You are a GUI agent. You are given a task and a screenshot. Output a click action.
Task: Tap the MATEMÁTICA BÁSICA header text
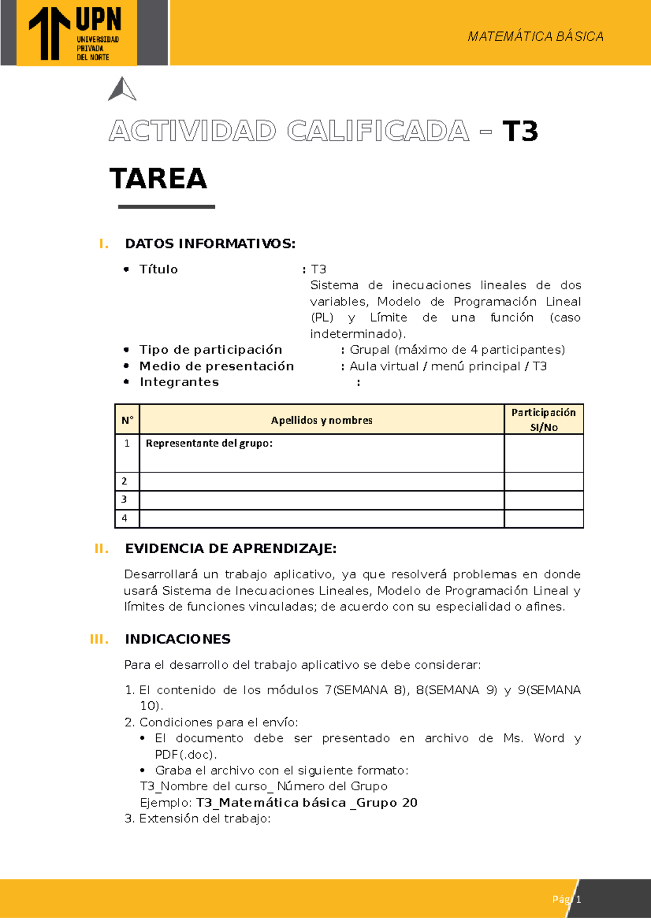coord(535,36)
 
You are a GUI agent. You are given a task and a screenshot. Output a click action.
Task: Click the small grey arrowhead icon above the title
coord(122,89)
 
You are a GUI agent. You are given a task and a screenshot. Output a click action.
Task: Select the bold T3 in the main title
coord(520,131)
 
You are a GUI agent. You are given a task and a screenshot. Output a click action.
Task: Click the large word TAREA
coord(158,178)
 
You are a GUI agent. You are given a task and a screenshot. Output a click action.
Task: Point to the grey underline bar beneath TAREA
coord(167,207)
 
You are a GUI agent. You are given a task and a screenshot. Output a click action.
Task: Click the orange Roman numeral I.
coord(104,244)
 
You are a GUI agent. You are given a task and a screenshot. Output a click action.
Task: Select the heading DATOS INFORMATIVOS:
coord(210,244)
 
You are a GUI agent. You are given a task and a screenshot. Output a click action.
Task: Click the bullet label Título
coord(158,270)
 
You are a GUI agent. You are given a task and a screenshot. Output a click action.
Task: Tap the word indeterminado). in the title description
coord(358,334)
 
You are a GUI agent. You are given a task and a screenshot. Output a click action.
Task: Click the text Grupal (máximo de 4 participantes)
coord(457,350)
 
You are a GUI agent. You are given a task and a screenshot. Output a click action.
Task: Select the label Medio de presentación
coord(216,366)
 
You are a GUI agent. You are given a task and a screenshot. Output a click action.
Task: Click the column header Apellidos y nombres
coord(322,420)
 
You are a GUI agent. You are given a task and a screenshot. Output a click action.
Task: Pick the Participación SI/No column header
coord(544,419)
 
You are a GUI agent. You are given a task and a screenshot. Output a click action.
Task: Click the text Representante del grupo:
coord(209,443)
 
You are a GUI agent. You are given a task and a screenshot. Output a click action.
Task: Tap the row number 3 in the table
coord(125,500)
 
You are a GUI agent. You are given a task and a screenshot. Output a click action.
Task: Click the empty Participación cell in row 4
coord(544,519)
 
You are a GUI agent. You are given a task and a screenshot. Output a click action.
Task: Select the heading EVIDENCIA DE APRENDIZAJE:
coord(231,548)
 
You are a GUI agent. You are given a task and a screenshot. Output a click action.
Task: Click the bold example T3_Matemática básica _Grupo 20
coord(307,803)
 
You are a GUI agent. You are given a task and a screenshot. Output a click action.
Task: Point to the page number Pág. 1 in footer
coord(566,899)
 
